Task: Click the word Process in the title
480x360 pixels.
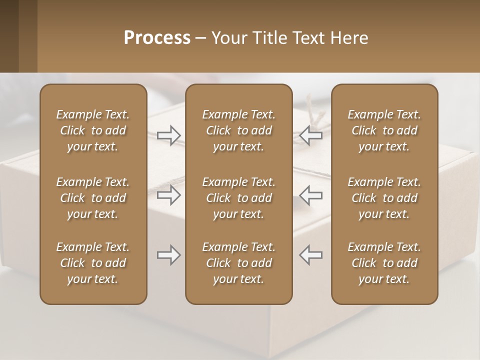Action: (x=157, y=38)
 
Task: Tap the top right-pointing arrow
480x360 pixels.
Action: (x=168, y=135)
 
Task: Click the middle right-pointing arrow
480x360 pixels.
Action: (x=168, y=195)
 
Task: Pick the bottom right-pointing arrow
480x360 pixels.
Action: (x=168, y=255)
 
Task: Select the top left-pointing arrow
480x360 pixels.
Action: (x=311, y=135)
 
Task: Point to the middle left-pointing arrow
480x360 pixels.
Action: (x=311, y=195)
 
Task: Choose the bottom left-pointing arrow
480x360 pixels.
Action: (x=311, y=255)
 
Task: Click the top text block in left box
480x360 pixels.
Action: (x=93, y=130)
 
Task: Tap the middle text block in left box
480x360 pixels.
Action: (x=93, y=198)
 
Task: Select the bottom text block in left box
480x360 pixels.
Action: (x=93, y=263)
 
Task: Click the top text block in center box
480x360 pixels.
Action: (x=238, y=130)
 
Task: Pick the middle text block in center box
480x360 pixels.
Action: (x=238, y=198)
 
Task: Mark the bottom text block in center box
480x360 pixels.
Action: (x=238, y=263)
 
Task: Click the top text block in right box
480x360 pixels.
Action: (x=384, y=130)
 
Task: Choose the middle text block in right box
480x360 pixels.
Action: (x=384, y=198)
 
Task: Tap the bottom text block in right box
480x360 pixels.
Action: (x=384, y=263)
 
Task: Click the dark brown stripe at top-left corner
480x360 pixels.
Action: (x=9, y=36)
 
